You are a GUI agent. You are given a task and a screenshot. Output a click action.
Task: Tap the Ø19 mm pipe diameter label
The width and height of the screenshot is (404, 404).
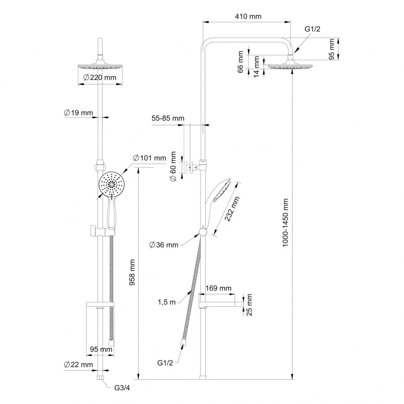pos(78,113)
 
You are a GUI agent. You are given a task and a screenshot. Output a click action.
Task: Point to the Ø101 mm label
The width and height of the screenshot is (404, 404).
pos(149,158)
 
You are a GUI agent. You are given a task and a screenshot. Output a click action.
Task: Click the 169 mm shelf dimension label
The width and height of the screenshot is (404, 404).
pos(219,288)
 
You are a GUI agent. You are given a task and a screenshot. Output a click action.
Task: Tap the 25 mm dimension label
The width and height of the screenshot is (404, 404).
pos(249,305)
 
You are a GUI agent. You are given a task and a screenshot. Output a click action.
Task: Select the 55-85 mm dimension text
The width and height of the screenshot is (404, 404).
pos(168,118)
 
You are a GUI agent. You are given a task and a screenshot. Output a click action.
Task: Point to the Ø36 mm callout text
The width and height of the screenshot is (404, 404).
pos(163,245)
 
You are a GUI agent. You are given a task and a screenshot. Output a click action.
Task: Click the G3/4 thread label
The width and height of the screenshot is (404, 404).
pos(122,388)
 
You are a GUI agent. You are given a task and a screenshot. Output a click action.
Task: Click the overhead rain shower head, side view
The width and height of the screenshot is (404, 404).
pos(290,65)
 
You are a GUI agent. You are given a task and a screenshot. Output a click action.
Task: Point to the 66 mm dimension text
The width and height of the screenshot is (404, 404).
pos(241,62)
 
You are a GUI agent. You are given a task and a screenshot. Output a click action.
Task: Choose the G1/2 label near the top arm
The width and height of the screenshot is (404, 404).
pos(312,28)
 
